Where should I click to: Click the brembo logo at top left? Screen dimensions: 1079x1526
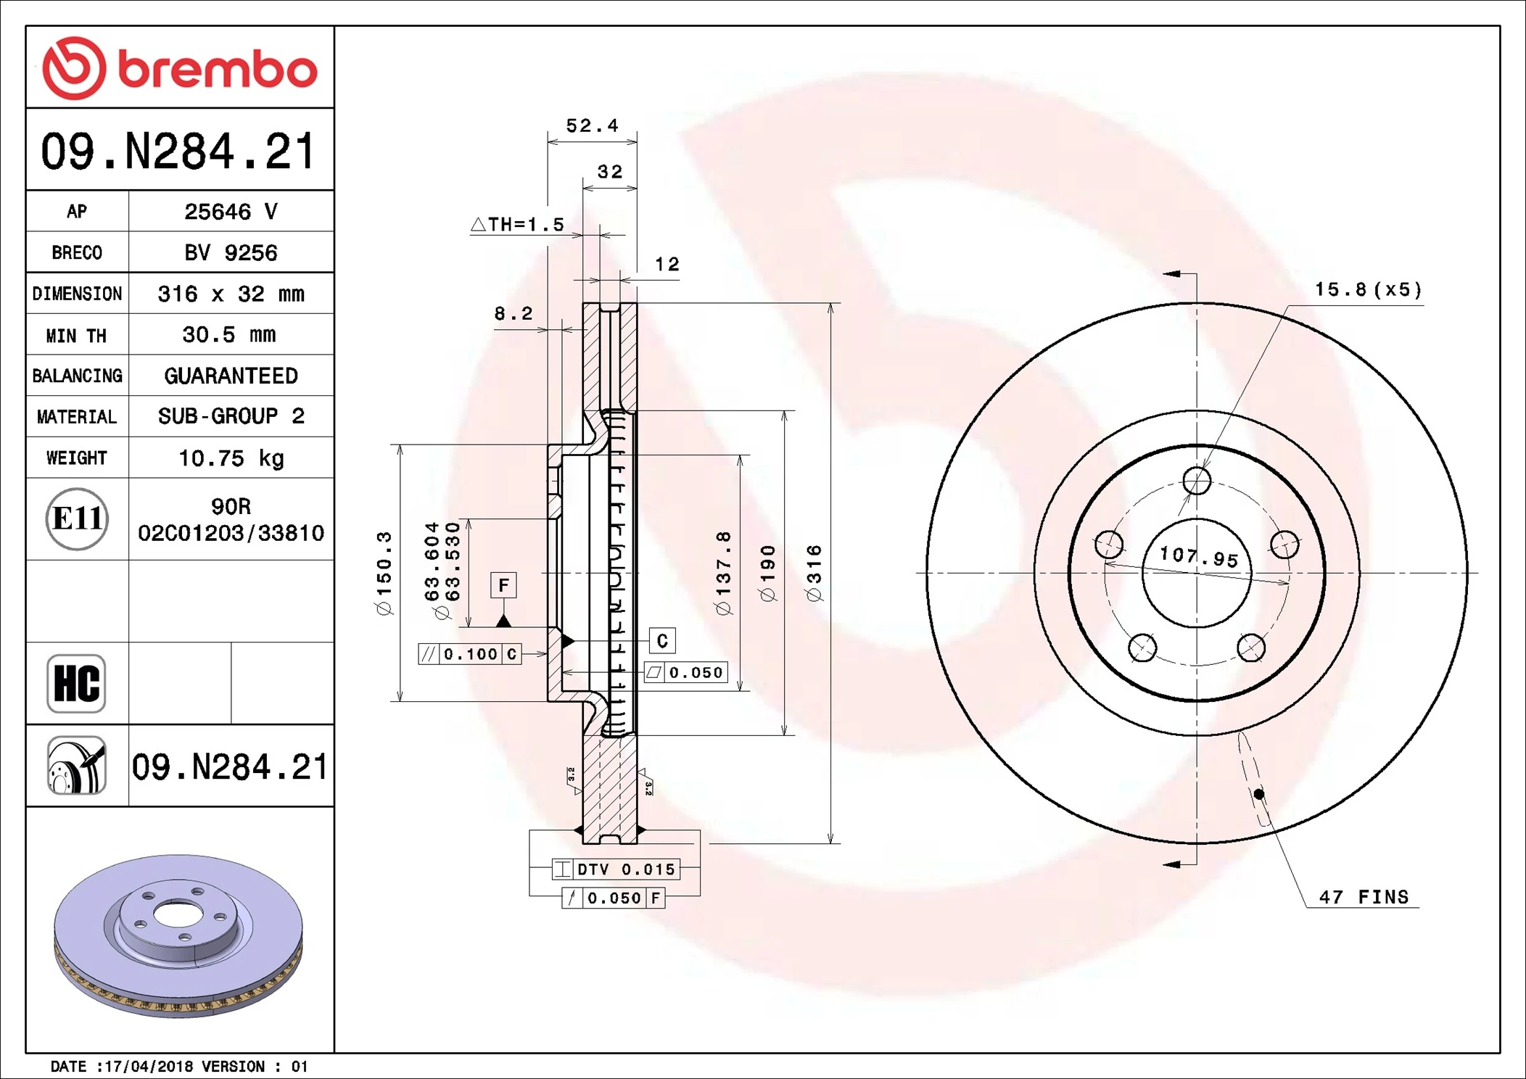click(179, 68)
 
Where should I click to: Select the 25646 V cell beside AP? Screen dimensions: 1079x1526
click(231, 212)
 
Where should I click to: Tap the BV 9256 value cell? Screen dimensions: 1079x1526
click(231, 252)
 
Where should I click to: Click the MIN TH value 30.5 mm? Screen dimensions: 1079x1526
click(229, 335)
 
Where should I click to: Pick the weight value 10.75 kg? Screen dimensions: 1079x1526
click(231, 458)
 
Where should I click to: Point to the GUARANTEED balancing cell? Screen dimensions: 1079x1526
click(231, 376)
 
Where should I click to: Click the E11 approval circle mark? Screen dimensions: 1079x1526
click(77, 518)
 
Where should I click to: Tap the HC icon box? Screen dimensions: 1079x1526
click(76, 683)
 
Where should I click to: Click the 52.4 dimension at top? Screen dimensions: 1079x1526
click(592, 126)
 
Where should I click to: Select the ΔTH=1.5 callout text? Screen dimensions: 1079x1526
click(518, 225)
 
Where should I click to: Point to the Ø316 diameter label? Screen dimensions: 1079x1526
click(814, 574)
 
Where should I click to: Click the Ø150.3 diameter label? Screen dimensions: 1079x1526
click(384, 573)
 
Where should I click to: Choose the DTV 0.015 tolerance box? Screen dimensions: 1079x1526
click(616, 869)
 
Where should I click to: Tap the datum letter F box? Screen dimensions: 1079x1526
click(503, 585)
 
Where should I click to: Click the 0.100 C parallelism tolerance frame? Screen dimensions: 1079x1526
click(470, 654)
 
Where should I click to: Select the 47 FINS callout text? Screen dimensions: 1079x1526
click(1363, 897)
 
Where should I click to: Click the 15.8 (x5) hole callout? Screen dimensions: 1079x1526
click(1368, 290)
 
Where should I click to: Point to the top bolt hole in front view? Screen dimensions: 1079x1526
click(1197, 480)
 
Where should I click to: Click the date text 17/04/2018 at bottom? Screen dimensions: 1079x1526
click(149, 1066)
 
